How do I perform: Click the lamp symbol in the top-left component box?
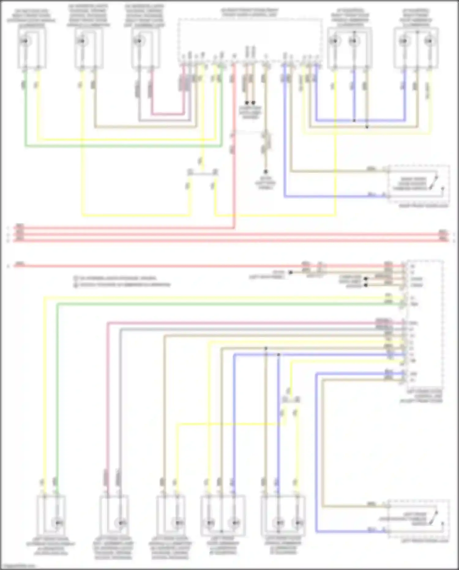(26, 41)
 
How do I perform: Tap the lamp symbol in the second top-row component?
(82, 41)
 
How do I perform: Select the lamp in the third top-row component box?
(138, 41)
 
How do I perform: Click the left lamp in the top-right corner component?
(404, 41)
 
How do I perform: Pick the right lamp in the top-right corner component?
(429, 41)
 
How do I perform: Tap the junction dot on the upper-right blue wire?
(354, 120)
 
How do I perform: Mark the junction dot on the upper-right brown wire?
(367, 127)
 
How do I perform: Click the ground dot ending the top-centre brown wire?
(266, 172)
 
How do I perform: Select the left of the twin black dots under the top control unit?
(247, 103)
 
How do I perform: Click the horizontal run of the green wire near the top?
(122, 146)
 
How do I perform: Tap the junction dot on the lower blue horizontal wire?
(278, 355)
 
